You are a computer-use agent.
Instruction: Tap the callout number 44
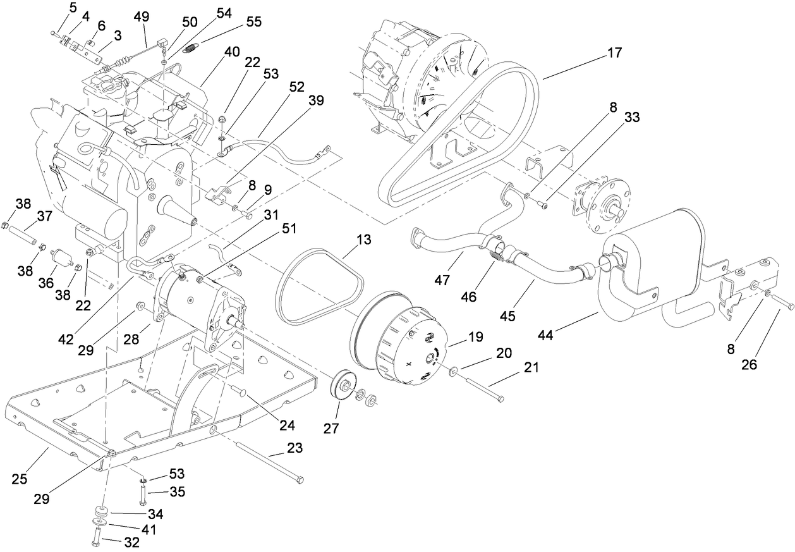pyautogui.click(x=545, y=334)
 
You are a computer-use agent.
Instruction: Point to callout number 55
pyautogui.click(x=253, y=21)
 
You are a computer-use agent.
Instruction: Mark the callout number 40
pyautogui.click(x=231, y=52)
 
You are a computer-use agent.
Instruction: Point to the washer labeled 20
pyautogui.click(x=453, y=369)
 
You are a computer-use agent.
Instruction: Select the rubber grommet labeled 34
pyautogui.click(x=100, y=511)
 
